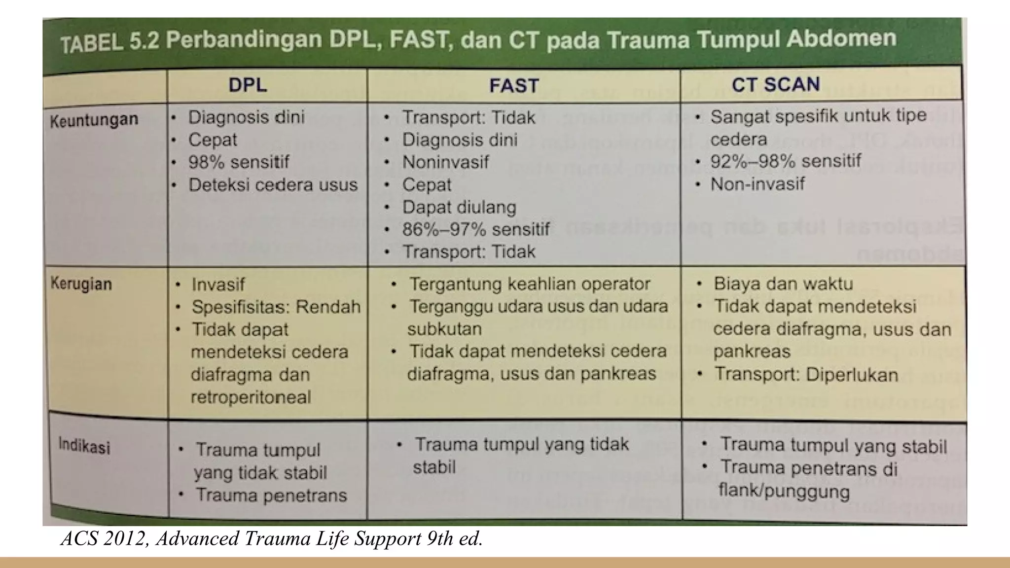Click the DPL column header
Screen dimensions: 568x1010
pyautogui.click(x=248, y=85)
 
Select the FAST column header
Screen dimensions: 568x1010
pyautogui.click(x=514, y=86)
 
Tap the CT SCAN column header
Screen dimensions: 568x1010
pyautogui.click(x=775, y=84)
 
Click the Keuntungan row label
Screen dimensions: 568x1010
pyautogui.click(x=94, y=120)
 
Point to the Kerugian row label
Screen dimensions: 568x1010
pyautogui.click(x=81, y=284)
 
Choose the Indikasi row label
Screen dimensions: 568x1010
pyautogui.click(x=84, y=446)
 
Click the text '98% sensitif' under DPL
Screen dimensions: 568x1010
pyautogui.click(x=239, y=162)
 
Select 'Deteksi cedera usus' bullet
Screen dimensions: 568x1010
pyautogui.click(x=273, y=184)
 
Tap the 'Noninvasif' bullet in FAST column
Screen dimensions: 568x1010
pyautogui.click(x=445, y=162)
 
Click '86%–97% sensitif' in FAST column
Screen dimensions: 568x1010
pyautogui.click(x=475, y=229)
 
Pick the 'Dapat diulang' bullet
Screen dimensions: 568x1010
pyautogui.click(x=459, y=207)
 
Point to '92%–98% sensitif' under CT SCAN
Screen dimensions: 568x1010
pyautogui.click(x=785, y=161)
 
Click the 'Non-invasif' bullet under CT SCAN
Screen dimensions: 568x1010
pyautogui.click(x=757, y=184)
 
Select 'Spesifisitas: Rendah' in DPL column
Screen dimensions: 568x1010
pyautogui.click(x=276, y=307)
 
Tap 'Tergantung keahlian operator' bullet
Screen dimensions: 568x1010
pyautogui.click(x=530, y=284)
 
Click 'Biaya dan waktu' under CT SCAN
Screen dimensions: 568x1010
pyautogui.click(x=783, y=284)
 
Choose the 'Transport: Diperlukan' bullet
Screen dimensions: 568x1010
pyautogui.click(x=806, y=375)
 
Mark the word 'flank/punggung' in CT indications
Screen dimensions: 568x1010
pyautogui.click(x=784, y=492)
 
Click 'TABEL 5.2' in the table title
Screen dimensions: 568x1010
pyautogui.click(x=109, y=43)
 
